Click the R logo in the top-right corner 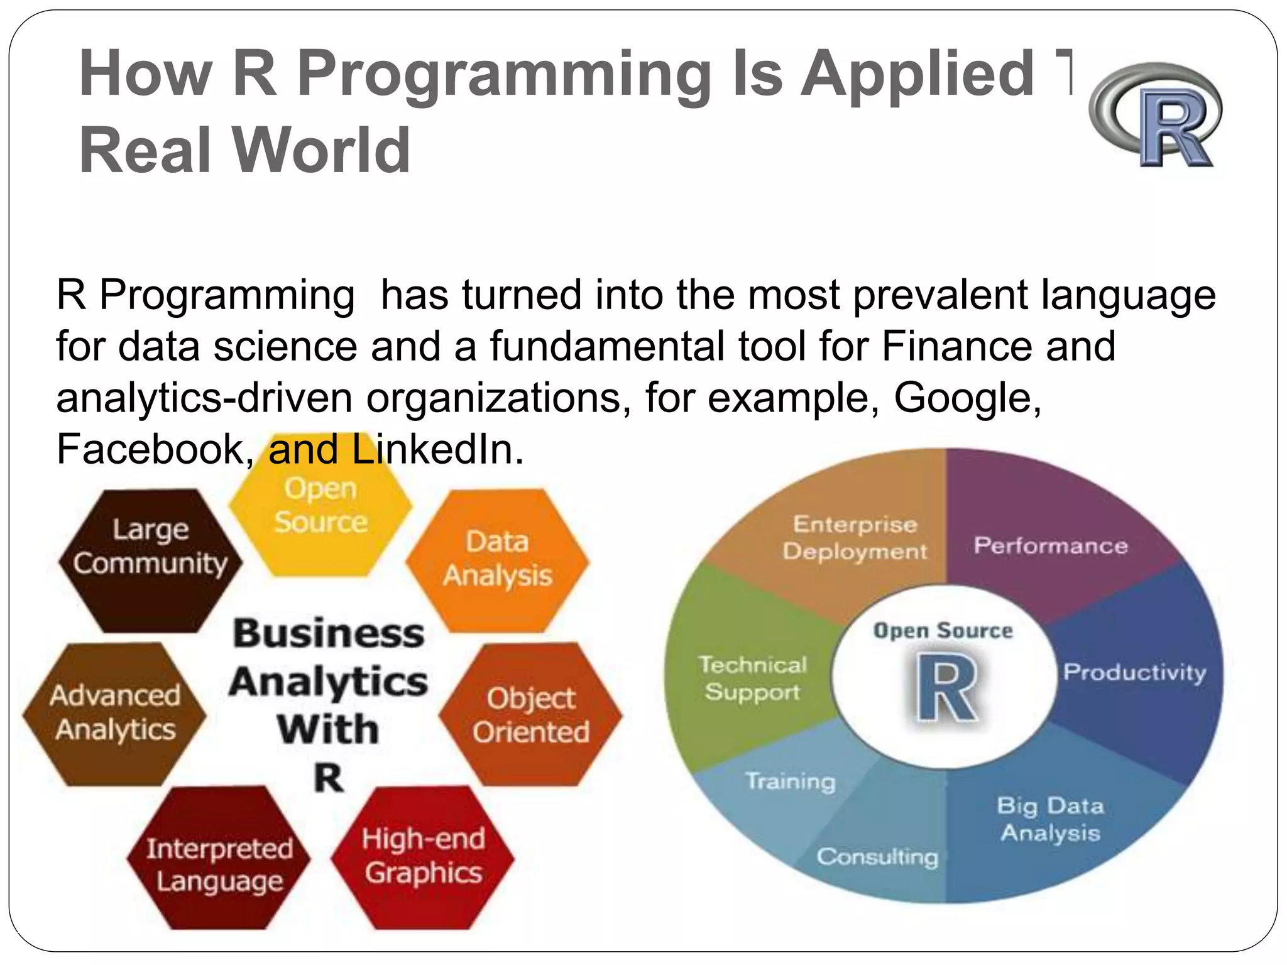1156,116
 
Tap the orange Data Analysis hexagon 498,559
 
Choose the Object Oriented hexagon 531,715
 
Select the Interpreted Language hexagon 219,864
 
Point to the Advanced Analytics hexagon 115,713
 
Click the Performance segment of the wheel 1051,545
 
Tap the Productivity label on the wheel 1135,672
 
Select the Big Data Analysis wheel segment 1051,819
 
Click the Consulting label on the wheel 877,856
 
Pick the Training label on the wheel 791,781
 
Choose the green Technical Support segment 752,679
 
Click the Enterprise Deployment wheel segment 855,538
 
